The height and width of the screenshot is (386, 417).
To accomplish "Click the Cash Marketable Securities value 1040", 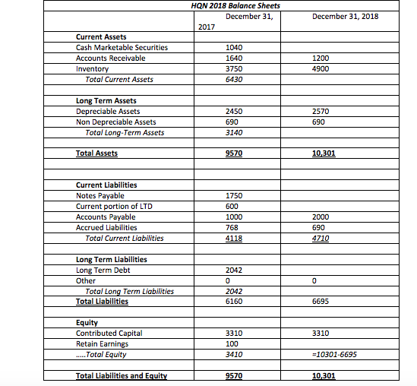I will pos(235,47).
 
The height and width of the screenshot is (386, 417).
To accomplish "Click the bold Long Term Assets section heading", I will pos(106,100).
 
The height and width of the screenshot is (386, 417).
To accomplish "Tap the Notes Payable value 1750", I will pos(235,195).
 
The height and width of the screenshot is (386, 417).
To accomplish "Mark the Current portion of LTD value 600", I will pos(232,206).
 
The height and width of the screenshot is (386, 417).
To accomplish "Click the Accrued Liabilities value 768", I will pos(232,226).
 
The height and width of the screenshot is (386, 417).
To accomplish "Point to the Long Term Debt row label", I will pos(103,270).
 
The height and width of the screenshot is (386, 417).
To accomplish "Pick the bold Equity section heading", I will pos(87,322).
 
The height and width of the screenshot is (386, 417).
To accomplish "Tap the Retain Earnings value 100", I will pos(232,343).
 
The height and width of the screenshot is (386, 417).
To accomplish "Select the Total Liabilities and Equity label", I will pos(121,375).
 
